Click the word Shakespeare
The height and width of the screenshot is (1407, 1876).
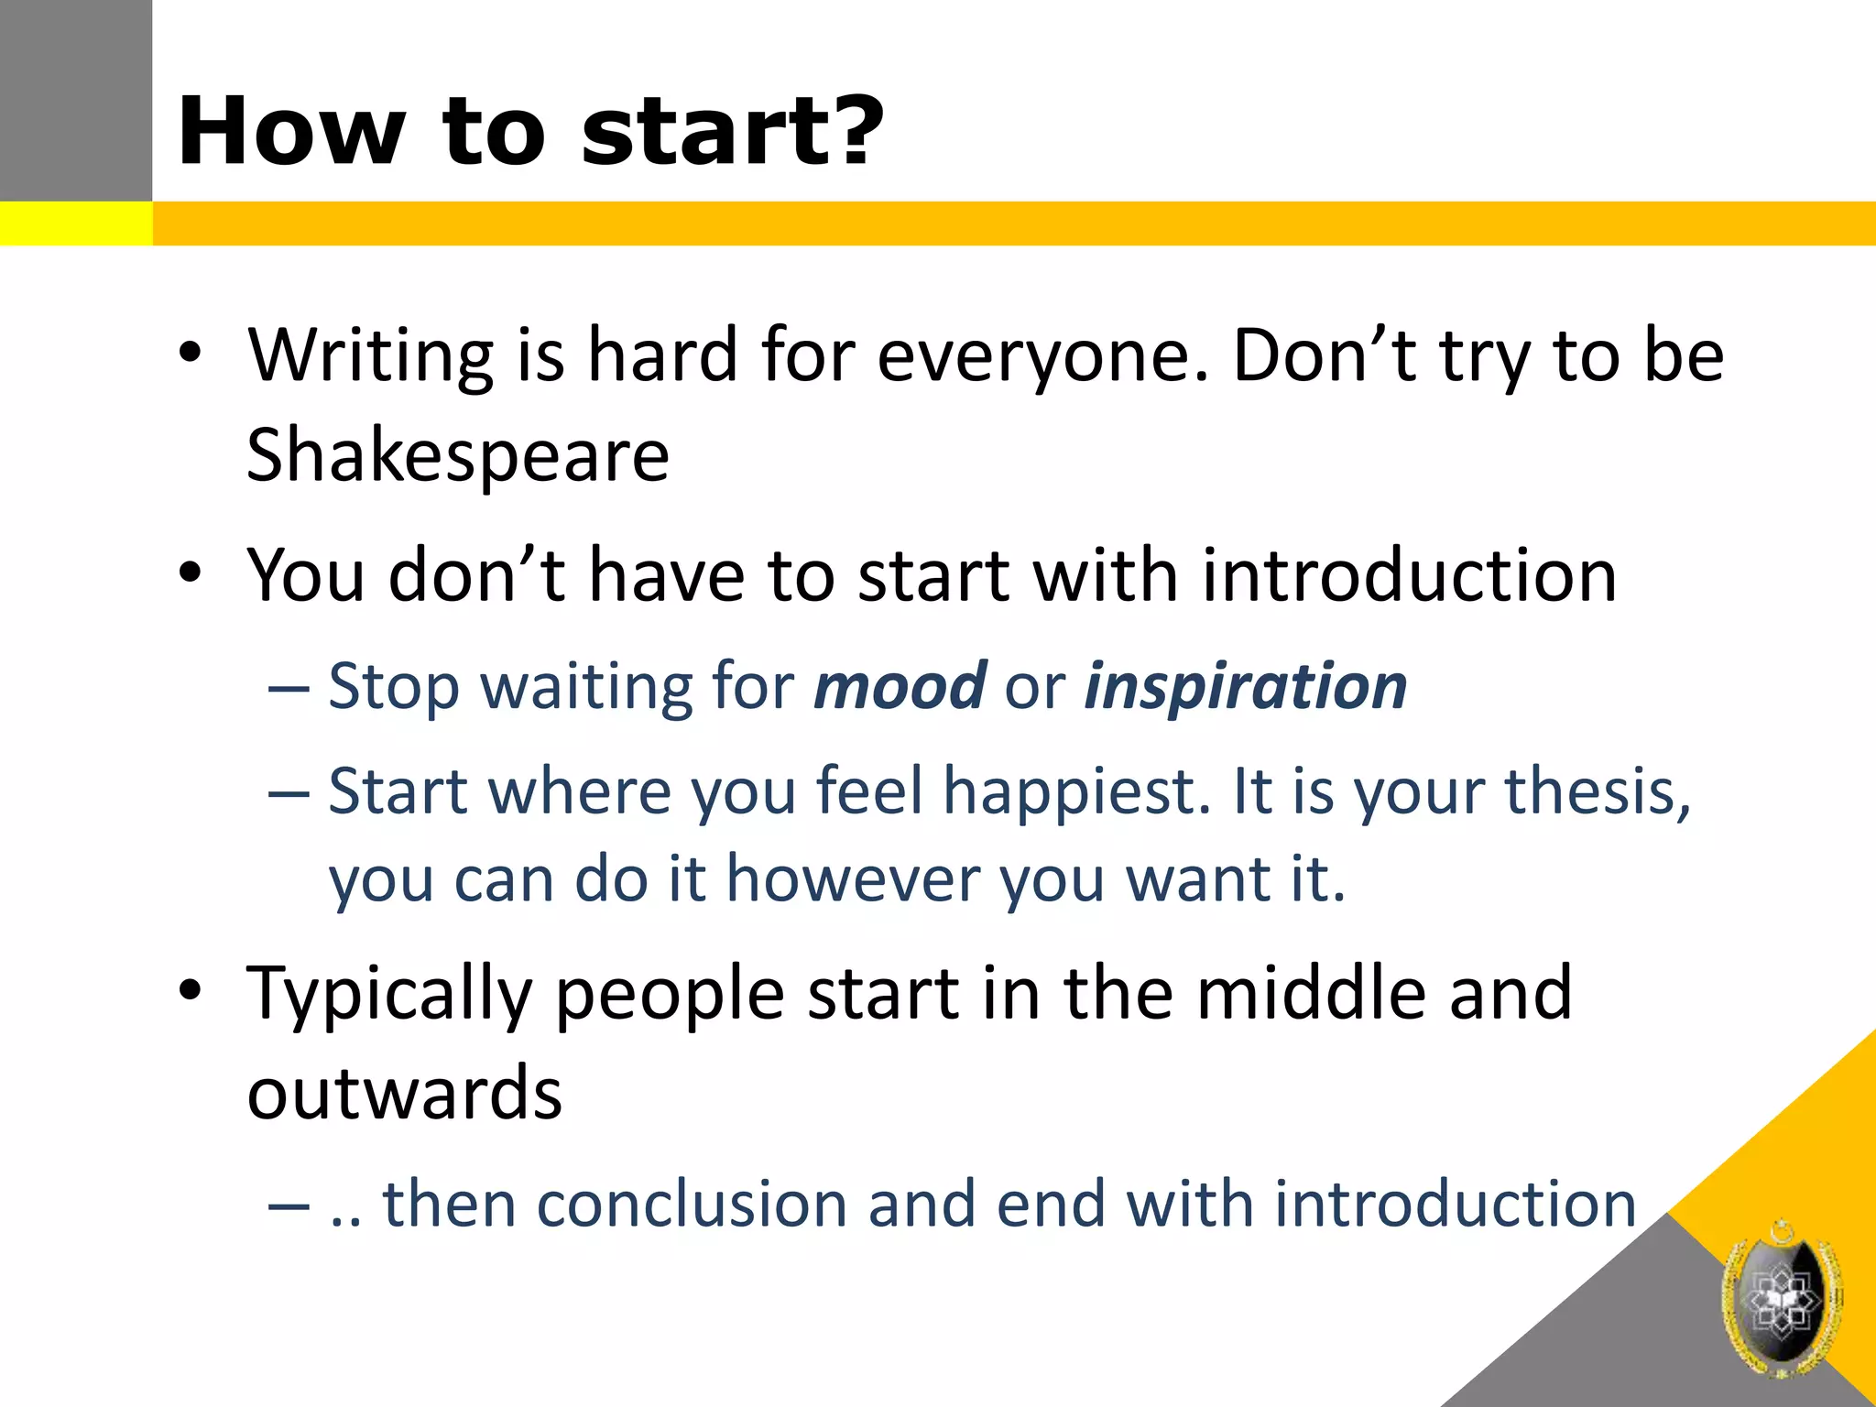pyautogui.click(x=458, y=456)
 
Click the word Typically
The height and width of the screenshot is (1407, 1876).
pyautogui.click(x=389, y=995)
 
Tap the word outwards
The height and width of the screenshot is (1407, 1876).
pyautogui.click(x=404, y=1094)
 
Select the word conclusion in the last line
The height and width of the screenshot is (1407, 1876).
pyautogui.click(x=692, y=1204)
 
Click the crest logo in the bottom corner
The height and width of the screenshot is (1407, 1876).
pyautogui.click(x=1781, y=1301)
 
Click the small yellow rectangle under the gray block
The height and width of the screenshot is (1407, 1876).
pyautogui.click(x=76, y=224)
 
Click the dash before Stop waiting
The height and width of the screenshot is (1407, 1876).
pyautogui.click(x=289, y=687)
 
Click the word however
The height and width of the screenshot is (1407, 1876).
pyautogui.click(x=852, y=879)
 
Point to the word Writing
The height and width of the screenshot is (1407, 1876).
pyautogui.click(x=370, y=355)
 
